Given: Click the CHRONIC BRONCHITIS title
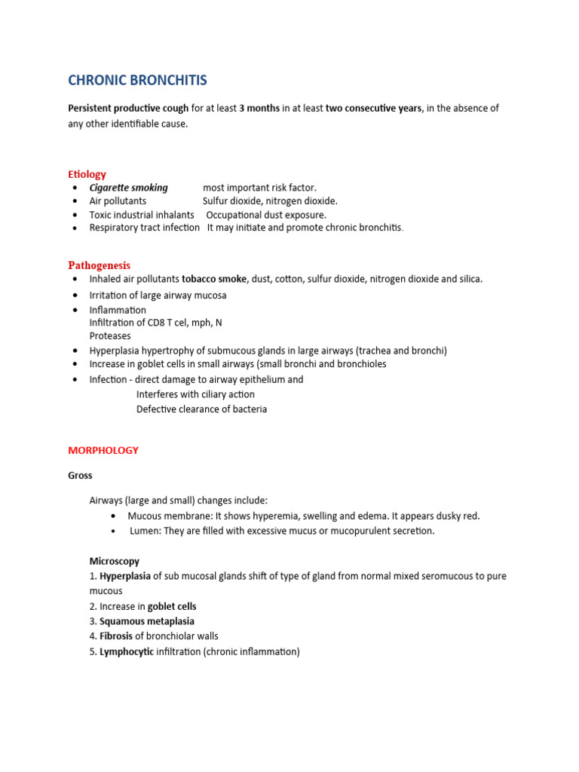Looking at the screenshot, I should [137, 81].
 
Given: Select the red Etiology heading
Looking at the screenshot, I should [87, 174].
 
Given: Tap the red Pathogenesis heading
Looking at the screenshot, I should [99, 265].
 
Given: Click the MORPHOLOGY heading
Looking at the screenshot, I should [103, 450].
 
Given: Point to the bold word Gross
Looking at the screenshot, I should [80, 476].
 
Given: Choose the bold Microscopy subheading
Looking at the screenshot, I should [114, 562].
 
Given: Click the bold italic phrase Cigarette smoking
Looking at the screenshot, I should [129, 188].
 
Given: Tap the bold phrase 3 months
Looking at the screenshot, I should [259, 109].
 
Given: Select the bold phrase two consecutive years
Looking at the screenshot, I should [373, 109].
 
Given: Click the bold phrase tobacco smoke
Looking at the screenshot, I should [215, 279].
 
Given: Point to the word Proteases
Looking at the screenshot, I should [110, 336].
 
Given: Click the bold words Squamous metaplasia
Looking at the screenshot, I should [147, 621].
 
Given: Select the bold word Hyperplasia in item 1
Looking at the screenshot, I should [124, 576].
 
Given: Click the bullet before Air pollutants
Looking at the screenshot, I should [75, 201].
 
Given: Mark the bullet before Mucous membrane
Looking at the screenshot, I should [113, 516].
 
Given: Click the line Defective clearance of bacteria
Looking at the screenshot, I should [201, 409].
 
